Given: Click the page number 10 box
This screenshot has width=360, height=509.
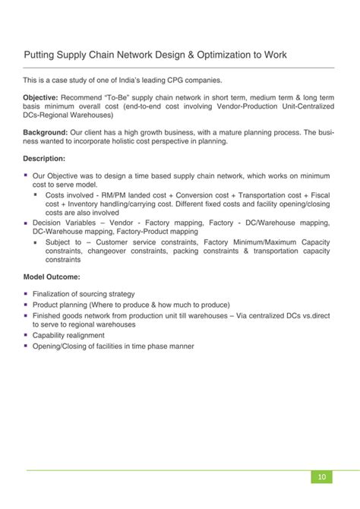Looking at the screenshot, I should [322, 476].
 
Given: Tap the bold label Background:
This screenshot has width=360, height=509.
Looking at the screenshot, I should [47, 131].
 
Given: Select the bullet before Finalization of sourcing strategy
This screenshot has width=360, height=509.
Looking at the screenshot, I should [26, 294].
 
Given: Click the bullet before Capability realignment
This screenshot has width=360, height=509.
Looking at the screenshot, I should [26, 335].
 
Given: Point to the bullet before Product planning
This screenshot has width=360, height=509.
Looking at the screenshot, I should [26, 305].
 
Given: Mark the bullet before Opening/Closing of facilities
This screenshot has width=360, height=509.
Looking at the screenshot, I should [26, 346].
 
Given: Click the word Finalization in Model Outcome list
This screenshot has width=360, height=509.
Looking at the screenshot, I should [52, 294].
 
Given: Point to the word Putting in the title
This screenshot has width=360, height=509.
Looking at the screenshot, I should [40, 55].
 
